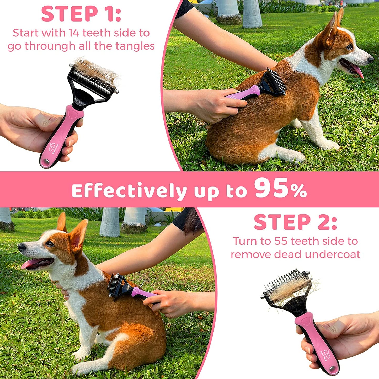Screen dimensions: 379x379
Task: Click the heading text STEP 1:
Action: click(81, 14)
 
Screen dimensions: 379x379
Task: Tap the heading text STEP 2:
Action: click(295, 222)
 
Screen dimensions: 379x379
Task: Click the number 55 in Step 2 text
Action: click(281, 241)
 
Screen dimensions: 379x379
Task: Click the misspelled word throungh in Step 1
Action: click(50, 46)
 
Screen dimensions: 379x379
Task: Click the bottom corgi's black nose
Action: click(21, 247)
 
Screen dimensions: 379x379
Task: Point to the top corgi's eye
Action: click(350, 47)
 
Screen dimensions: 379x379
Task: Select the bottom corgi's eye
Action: click(49, 244)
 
